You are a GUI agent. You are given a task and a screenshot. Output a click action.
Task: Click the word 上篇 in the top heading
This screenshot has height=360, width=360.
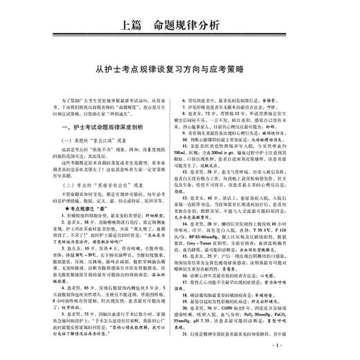[134, 26]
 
